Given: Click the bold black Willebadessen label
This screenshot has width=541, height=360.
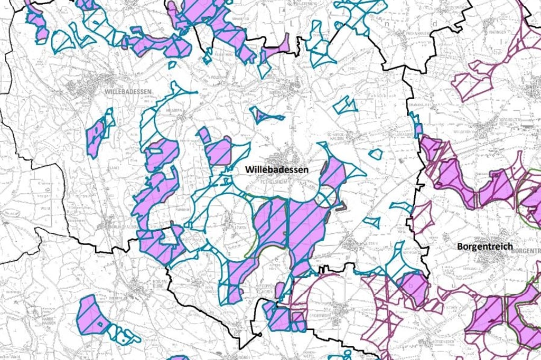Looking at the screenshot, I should [x=276, y=169].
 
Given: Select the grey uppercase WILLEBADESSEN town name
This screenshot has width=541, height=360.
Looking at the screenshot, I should [x=128, y=91].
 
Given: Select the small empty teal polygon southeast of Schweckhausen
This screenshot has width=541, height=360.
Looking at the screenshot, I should [x=376, y=154].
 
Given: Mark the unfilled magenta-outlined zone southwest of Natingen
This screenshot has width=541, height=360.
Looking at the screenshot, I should [x=471, y=84].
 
